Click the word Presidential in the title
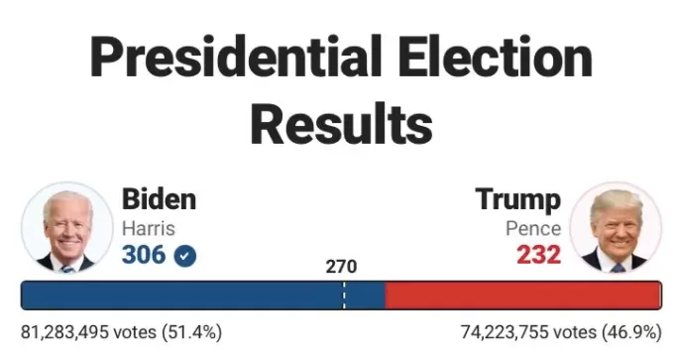point(236,57)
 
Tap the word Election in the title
point(496,57)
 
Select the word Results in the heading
point(341,124)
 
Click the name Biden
point(159,199)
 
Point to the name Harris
point(149,228)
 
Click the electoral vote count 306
point(144,255)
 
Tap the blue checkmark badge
point(185,256)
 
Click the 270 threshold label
point(341,267)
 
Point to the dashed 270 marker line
point(344,295)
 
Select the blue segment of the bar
point(203,295)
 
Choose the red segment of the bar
point(523,295)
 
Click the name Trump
point(518,199)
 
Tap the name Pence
point(533,228)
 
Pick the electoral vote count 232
point(539,255)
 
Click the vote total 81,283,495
point(64,332)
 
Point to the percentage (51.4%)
point(192,332)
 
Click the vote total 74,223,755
point(505,332)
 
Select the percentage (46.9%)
point(632,332)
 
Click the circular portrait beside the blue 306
point(67,228)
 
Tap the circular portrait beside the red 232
point(616,228)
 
